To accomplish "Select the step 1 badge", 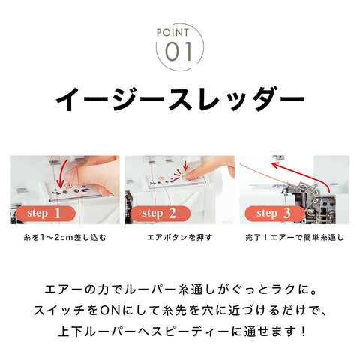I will coord(44,213).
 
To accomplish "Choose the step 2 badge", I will coord(159,213).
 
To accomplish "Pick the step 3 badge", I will coord(274,213).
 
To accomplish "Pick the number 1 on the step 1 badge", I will coord(57,213).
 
